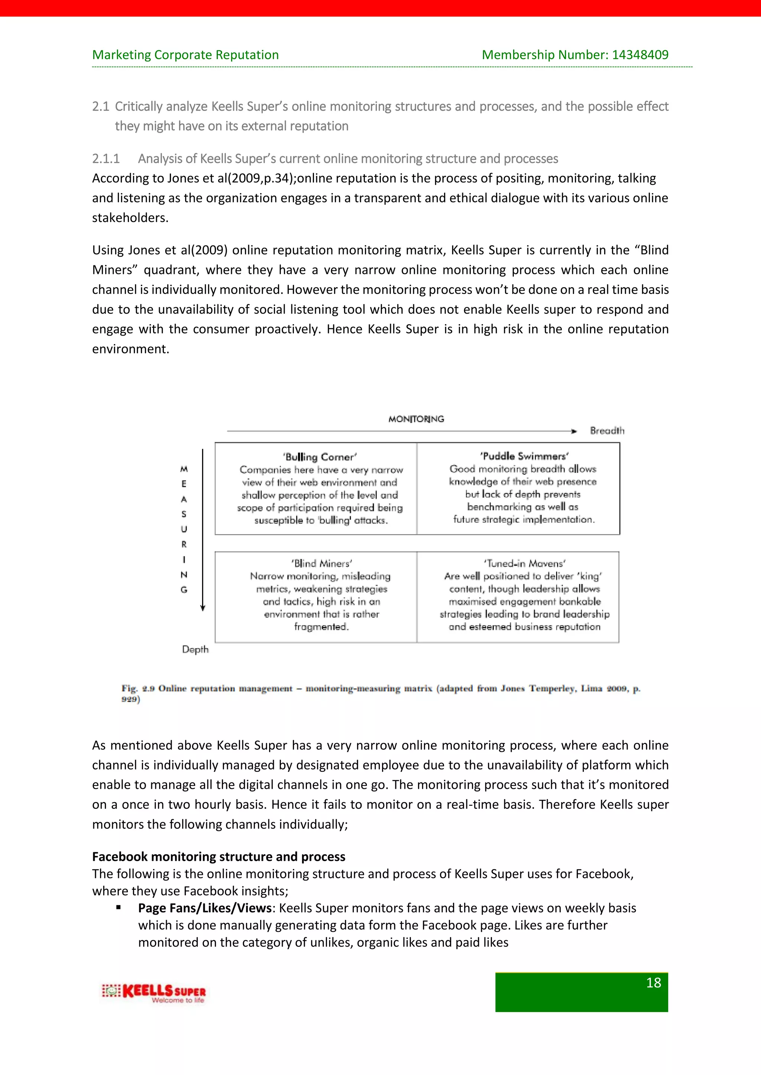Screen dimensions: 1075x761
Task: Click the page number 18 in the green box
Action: click(x=653, y=983)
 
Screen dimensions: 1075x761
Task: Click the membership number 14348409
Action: click(x=640, y=55)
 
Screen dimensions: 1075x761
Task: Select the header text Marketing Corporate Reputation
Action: click(x=185, y=55)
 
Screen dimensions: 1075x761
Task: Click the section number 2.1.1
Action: click(x=106, y=159)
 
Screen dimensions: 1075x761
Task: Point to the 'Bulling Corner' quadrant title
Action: click(x=320, y=457)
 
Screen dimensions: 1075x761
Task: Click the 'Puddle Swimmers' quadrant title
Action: click(x=524, y=456)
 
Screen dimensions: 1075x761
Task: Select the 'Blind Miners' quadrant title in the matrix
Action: click(x=321, y=563)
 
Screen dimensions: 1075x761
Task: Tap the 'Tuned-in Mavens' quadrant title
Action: click(x=524, y=563)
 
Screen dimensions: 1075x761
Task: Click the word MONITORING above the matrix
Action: click(x=416, y=419)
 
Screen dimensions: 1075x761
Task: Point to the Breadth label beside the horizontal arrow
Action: click(x=607, y=431)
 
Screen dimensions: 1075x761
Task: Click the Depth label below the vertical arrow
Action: click(x=195, y=649)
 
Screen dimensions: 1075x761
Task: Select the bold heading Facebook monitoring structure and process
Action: click(x=218, y=856)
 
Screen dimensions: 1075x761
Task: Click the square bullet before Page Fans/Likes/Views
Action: click(x=119, y=907)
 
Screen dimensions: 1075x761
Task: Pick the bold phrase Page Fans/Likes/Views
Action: click(x=205, y=908)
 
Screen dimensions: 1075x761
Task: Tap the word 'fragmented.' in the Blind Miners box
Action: click(x=321, y=627)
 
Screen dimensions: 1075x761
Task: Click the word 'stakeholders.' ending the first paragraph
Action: click(x=130, y=218)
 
